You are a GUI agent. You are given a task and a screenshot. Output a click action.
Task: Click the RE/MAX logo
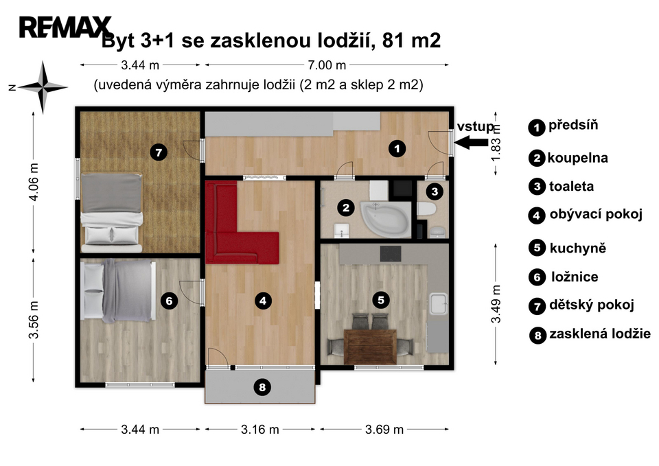(x=66, y=27)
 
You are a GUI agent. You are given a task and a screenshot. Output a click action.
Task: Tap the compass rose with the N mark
(x=43, y=87)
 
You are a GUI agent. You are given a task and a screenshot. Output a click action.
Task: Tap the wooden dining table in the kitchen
(x=370, y=347)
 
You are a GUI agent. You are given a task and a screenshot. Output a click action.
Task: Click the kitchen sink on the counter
(x=439, y=303)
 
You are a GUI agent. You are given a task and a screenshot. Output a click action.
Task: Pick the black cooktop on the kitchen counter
(x=391, y=254)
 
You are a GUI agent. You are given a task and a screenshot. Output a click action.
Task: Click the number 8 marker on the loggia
(x=262, y=386)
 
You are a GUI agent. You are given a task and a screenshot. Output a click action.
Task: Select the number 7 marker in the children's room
(x=159, y=152)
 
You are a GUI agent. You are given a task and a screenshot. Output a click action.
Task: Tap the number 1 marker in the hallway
(x=397, y=148)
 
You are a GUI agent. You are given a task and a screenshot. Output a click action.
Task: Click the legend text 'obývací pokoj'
(x=596, y=215)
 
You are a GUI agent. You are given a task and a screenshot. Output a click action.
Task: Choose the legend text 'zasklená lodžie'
(x=600, y=334)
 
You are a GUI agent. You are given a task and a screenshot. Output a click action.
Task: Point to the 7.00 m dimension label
(x=327, y=65)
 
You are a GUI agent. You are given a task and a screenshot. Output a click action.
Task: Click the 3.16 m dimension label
(x=259, y=430)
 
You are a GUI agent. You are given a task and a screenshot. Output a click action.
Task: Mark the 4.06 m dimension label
(x=34, y=182)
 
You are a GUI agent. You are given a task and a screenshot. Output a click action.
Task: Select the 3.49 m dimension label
(x=496, y=304)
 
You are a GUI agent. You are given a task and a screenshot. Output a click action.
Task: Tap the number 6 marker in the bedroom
(x=169, y=301)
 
